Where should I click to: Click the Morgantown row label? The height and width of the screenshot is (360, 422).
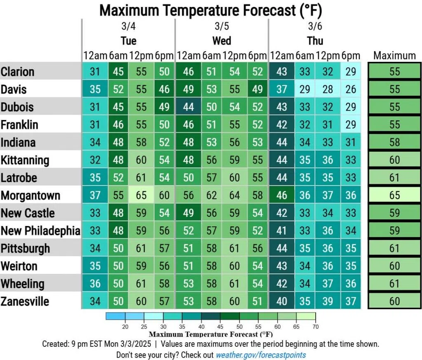click(x=30, y=195)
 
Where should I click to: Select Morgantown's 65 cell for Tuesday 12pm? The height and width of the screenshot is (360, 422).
click(x=141, y=195)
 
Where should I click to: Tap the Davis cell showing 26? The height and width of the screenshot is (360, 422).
click(x=351, y=89)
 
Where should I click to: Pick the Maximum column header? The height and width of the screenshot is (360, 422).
click(x=394, y=55)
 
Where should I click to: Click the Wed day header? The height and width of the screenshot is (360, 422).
click(x=222, y=41)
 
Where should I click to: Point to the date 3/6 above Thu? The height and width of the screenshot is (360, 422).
click(x=315, y=27)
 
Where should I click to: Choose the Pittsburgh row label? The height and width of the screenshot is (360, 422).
click(x=26, y=249)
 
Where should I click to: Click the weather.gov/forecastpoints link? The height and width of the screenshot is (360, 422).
click(x=261, y=355)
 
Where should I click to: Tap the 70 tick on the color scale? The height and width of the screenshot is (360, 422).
click(x=316, y=326)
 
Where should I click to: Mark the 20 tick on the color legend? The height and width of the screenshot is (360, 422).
click(x=124, y=326)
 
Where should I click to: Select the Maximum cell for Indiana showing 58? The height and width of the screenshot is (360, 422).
click(x=394, y=142)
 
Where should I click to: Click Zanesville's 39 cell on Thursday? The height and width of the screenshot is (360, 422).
click(x=328, y=301)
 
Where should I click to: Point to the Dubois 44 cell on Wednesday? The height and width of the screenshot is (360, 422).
click(x=188, y=107)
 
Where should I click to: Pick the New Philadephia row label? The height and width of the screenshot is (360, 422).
click(x=40, y=231)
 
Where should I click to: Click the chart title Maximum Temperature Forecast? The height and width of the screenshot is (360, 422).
click(x=211, y=10)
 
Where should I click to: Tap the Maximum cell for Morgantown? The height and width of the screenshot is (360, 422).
click(x=394, y=195)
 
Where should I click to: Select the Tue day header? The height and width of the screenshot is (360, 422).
click(x=129, y=41)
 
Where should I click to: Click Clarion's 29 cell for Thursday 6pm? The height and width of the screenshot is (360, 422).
click(x=351, y=71)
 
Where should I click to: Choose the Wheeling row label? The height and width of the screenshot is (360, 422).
click(x=22, y=284)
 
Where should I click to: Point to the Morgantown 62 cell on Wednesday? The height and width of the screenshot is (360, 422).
click(x=211, y=195)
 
